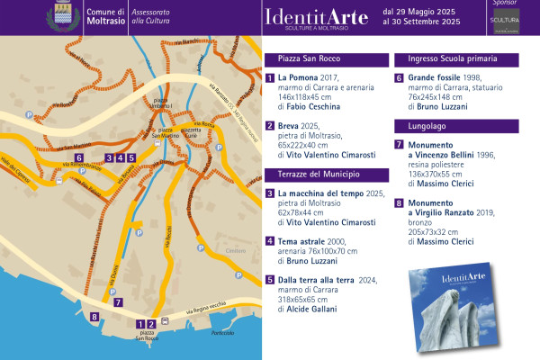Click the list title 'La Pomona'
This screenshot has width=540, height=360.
[301, 78]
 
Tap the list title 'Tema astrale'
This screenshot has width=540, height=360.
[304, 241]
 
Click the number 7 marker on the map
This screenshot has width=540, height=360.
[119, 303]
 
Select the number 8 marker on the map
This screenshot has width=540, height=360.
[94, 316]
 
